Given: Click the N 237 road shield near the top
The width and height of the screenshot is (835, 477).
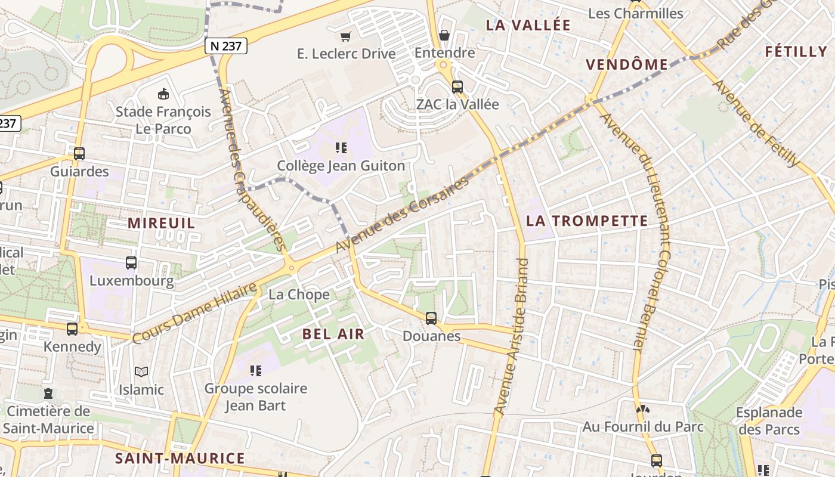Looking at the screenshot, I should [x=225, y=46].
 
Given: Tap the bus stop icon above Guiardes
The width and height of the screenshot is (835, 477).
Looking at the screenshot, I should [x=79, y=154].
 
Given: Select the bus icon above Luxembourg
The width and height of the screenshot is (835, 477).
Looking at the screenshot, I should [x=131, y=262].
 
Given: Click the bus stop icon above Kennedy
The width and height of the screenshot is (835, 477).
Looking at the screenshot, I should [x=72, y=329].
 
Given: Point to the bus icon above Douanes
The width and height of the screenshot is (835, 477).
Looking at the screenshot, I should [x=431, y=318].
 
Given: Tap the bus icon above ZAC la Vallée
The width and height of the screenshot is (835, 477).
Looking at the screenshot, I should [x=457, y=86].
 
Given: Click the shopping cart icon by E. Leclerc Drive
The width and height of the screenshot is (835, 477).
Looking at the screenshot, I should [x=346, y=36].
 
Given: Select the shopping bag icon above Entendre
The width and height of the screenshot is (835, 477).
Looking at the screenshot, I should [x=444, y=35].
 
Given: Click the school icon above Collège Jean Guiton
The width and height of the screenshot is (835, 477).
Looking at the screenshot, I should [x=341, y=147].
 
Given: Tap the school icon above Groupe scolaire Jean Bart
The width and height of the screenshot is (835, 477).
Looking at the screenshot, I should [x=256, y=371].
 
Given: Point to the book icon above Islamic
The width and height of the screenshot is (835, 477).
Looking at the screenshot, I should [x=141, y=372].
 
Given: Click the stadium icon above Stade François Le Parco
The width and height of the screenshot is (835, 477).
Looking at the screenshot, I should [x=163, y=94].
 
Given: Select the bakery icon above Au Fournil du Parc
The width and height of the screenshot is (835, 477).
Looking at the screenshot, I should [x=642, y=409].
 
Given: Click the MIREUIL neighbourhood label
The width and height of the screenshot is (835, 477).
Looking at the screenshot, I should [x=162, y=223].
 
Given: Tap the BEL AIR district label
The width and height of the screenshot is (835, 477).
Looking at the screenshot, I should [x=333, y=334].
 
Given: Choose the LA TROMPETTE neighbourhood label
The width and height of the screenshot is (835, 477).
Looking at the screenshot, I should [x=587, y=221].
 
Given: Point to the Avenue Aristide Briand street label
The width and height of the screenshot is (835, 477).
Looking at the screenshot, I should [x=513, y=337].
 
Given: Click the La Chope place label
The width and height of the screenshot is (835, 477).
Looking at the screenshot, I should [x=299, y=295].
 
